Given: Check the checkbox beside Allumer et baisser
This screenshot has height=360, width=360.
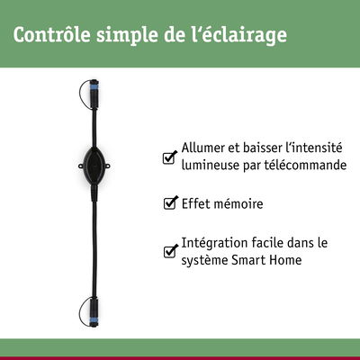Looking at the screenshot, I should (169, 158).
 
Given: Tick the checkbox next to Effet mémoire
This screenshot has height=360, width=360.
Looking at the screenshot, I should (169, 204).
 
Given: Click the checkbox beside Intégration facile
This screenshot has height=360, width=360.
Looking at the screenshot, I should (169, 252).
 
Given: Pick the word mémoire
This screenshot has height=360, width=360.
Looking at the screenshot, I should (238, 204).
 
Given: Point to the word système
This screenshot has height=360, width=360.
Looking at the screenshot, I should (204, 260).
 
